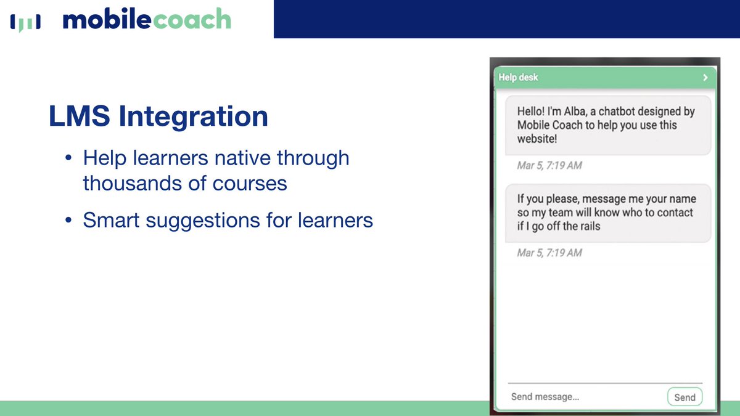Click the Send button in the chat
coord(684,398)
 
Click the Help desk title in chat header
coord(518,78)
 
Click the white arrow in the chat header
coord(705,78)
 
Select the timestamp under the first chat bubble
coord(549,165)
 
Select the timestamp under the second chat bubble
coord(549,253)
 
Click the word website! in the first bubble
coord(537,139)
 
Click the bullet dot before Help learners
coord(69,159)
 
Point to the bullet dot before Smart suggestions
coord(69,221)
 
